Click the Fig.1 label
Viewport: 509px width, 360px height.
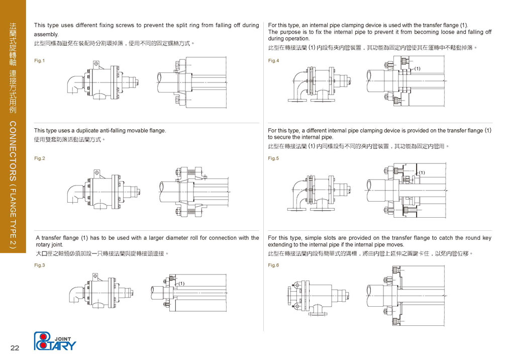[x=39, y=61]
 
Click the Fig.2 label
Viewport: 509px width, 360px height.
[x=39, y=158]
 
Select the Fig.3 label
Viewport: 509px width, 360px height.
[x=39, y=265]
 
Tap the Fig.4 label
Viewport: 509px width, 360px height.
[x=273, y=61]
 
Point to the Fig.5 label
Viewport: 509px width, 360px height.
[x=273, y=158]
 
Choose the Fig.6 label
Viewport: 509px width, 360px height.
[x=273, y=265]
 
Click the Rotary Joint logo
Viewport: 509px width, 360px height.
[x=55, y=341]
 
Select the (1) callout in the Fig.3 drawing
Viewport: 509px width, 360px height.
[x=182, y=284]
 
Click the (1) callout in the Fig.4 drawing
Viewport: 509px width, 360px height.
[x=417, y=68]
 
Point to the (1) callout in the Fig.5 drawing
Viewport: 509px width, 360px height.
[x=422, y=173]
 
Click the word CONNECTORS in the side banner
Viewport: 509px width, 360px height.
[x=13, y=151]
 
